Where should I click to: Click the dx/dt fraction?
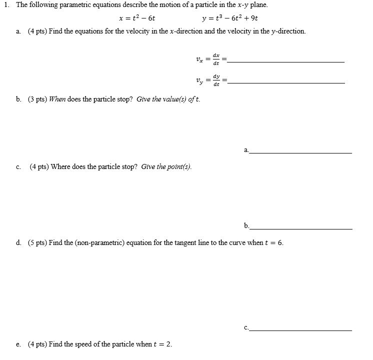click(215, 59)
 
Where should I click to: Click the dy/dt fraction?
click(215, 80)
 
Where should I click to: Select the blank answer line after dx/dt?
click(285, 61)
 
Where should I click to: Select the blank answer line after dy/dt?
click(285, 82)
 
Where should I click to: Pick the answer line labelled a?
click(300, 152)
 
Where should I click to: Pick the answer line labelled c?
click(300, 330)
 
